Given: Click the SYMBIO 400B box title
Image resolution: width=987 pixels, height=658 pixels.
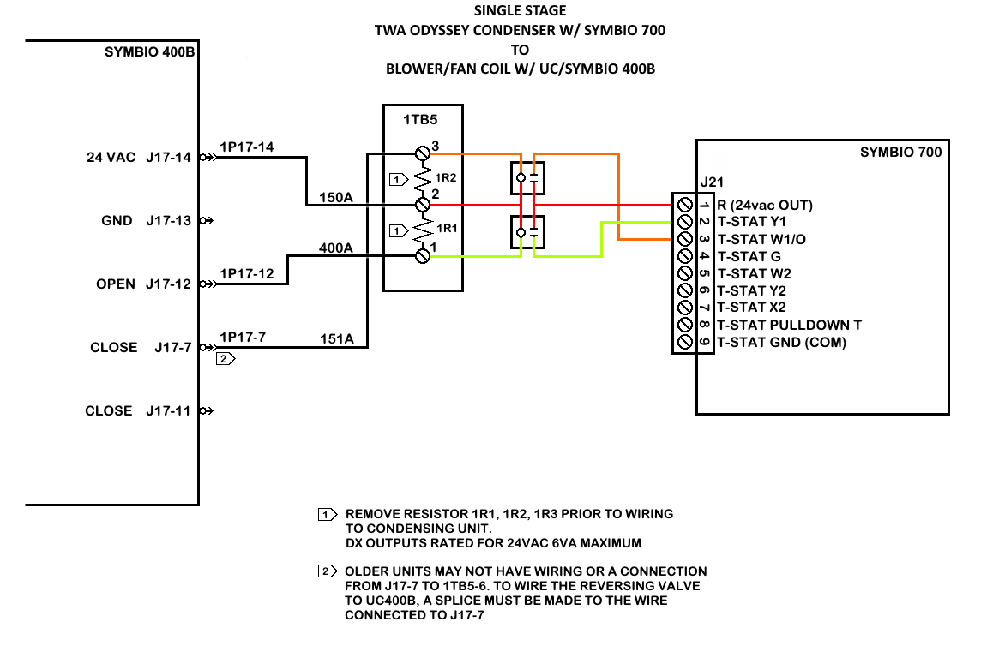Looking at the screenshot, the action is [x=149, y=51].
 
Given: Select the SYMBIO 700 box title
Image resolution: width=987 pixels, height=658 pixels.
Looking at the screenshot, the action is [x=900, y=152].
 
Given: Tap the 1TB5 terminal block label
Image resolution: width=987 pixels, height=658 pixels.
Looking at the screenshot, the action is [x=420, y=120].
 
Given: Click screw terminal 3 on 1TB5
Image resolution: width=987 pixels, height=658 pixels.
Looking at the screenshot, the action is [x=423, y=153].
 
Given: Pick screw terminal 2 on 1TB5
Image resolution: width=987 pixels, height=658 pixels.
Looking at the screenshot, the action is [x=423, y=205].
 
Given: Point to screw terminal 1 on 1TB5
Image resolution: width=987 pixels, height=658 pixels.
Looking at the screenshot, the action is [x=423, y=255].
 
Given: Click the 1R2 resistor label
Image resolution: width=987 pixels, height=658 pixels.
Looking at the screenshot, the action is [x=446, y=177].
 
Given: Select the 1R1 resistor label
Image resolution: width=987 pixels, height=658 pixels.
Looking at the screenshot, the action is [x=447, y=228].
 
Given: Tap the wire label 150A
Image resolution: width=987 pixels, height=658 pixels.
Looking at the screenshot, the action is [x=335, y=198].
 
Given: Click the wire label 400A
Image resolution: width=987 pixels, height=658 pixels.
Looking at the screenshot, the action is [x=335, y=248].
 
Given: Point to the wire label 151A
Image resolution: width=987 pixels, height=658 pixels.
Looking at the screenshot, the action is [x=337, y=339].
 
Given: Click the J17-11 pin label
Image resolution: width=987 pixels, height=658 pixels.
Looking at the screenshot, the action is [x=168, y=410].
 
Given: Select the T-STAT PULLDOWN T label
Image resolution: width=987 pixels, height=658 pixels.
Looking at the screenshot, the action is [x=790, y=326].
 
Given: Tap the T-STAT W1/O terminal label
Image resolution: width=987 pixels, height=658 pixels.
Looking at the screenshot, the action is [x=761, y=239].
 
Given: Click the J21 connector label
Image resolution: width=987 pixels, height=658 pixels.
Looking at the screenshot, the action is [x=712, y=182].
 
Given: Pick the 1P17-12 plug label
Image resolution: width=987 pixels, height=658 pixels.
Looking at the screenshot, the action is [x=247, y=273].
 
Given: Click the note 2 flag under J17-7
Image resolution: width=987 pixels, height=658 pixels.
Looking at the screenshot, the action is [x=226, y=359].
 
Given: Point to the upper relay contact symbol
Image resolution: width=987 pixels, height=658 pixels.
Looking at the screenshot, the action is [x=527, y=178].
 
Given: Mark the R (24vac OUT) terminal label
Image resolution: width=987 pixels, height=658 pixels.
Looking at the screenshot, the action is [x=765, y=205].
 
